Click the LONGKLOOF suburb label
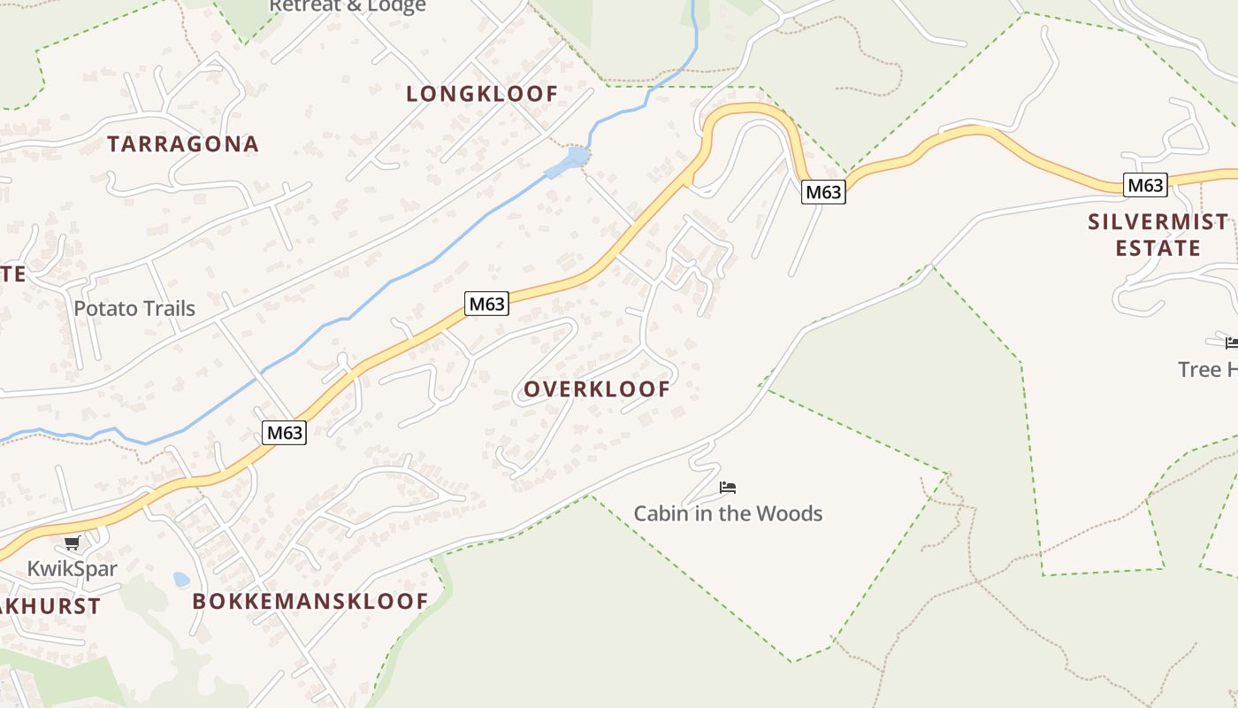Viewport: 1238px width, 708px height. [482, 94]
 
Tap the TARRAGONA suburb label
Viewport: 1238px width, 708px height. [183, 144]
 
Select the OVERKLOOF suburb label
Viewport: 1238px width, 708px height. [597, 389]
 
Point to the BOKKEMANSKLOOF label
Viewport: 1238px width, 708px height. [310, 602]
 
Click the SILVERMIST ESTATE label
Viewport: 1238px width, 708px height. [1158, 235]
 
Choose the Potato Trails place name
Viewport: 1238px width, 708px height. [134, 309]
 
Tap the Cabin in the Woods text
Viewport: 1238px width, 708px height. [728, 513]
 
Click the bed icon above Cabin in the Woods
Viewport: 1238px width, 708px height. [728, 487]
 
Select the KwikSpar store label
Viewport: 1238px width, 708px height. [72, 568]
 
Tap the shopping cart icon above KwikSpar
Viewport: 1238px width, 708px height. [73, 543]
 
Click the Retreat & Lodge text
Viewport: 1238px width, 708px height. [347, 6]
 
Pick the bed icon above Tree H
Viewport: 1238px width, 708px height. [1231, 342]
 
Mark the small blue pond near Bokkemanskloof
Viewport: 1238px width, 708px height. [181, 580]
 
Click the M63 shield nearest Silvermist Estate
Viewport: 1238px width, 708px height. [1145, 185]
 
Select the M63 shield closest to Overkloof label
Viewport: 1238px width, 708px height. [486, 304]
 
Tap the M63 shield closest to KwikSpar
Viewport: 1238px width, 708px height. [285, 433]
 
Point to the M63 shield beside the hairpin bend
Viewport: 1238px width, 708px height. [823, 192]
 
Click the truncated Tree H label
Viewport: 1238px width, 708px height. [1208, 369]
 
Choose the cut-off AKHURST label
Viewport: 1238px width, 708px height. [50, 607]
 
